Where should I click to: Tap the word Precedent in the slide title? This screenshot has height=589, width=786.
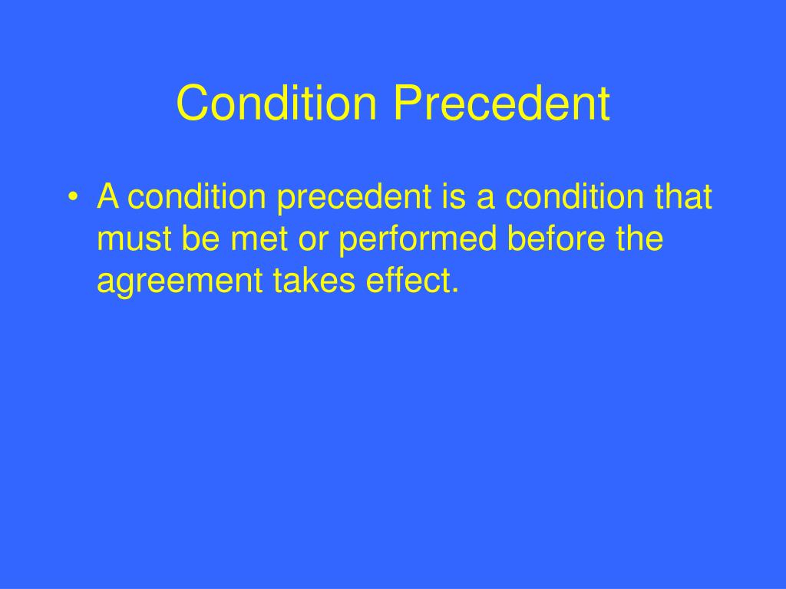(503, 104)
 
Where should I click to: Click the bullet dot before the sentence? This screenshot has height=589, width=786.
(72, 199)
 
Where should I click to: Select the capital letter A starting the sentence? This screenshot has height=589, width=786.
(107, 198)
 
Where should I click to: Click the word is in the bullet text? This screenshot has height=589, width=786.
(454, 198)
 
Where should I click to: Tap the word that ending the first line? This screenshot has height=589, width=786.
(683, 198)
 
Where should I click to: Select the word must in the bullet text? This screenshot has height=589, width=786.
(135, 240)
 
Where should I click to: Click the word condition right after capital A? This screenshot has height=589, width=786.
(198, 198)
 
